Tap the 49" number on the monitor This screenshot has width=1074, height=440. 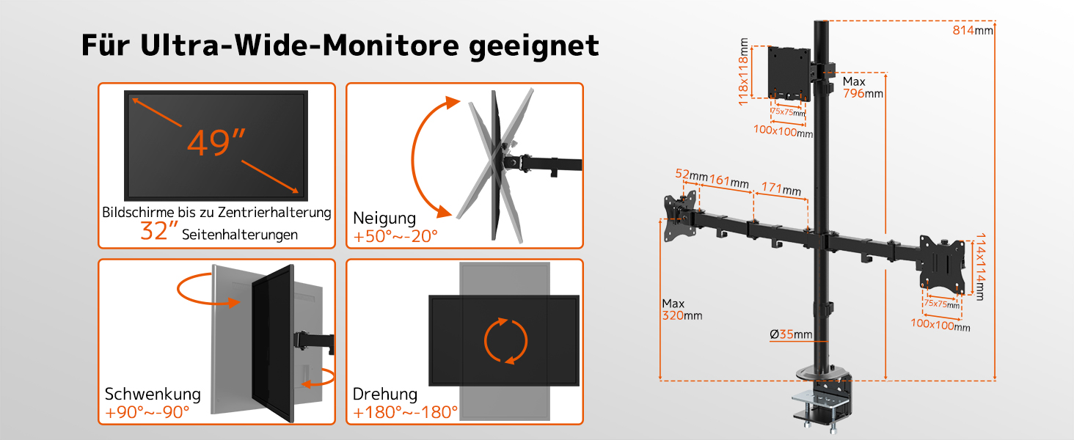point(216,142)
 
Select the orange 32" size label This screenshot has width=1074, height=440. point(159,230)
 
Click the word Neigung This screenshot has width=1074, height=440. point(384,219)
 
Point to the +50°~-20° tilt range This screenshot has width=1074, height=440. point(395,236)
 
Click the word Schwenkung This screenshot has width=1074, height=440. point(153,394)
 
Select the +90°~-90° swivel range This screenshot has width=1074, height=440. point(147,412)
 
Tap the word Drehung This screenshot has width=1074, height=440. point(385,395)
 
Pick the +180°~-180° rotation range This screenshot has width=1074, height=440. point(405,412)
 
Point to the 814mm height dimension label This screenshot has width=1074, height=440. point(973,30)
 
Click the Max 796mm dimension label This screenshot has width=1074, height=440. point(863,87)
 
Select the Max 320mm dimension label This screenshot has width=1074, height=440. point(682,309)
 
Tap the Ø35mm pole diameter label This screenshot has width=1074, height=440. point(791,334)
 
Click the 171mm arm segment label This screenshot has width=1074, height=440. point(781,189)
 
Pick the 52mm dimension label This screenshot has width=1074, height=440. point(691,175)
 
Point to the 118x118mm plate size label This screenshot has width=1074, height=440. point(743,72)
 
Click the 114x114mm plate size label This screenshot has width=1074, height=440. point(981,267)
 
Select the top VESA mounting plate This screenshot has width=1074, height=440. point(788,73)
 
